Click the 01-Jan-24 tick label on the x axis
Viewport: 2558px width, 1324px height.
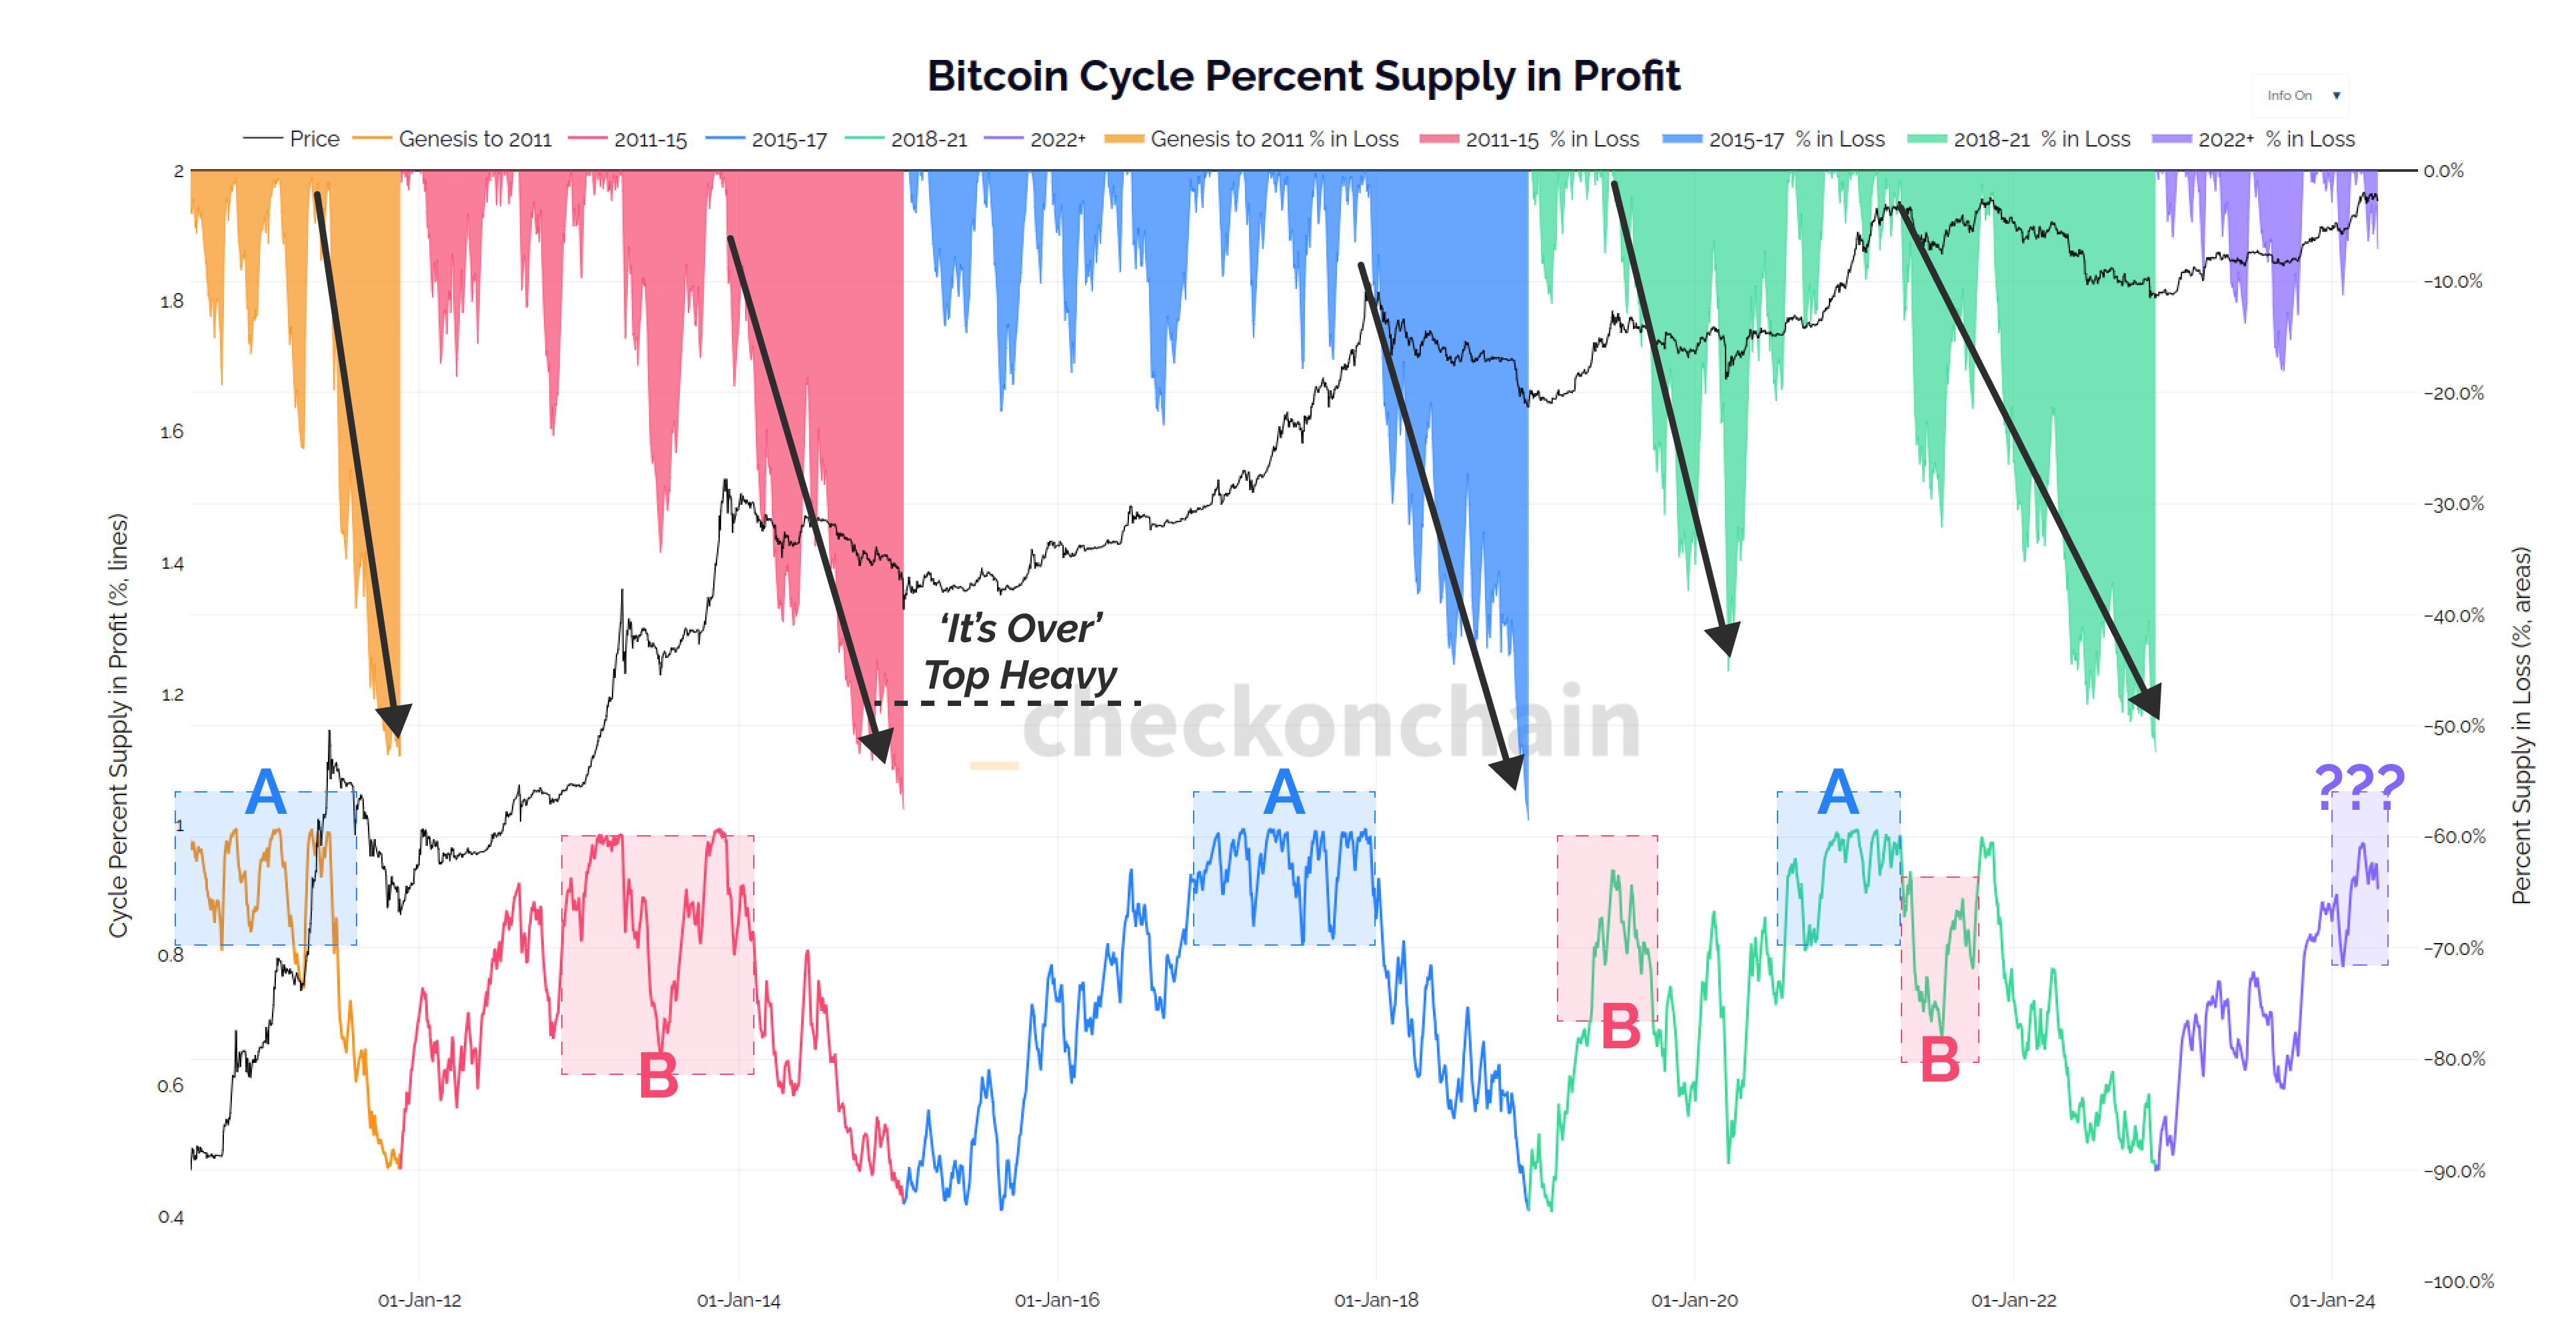coord(2331,1299)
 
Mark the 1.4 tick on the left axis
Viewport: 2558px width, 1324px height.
coord(172,563)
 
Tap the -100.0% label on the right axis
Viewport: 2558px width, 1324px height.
coord(2458,1280)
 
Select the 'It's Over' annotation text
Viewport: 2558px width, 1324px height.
coord(1021,628)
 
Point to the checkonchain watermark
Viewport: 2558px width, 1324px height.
coord(1330,723)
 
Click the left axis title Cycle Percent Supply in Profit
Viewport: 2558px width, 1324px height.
coord(118,725)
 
